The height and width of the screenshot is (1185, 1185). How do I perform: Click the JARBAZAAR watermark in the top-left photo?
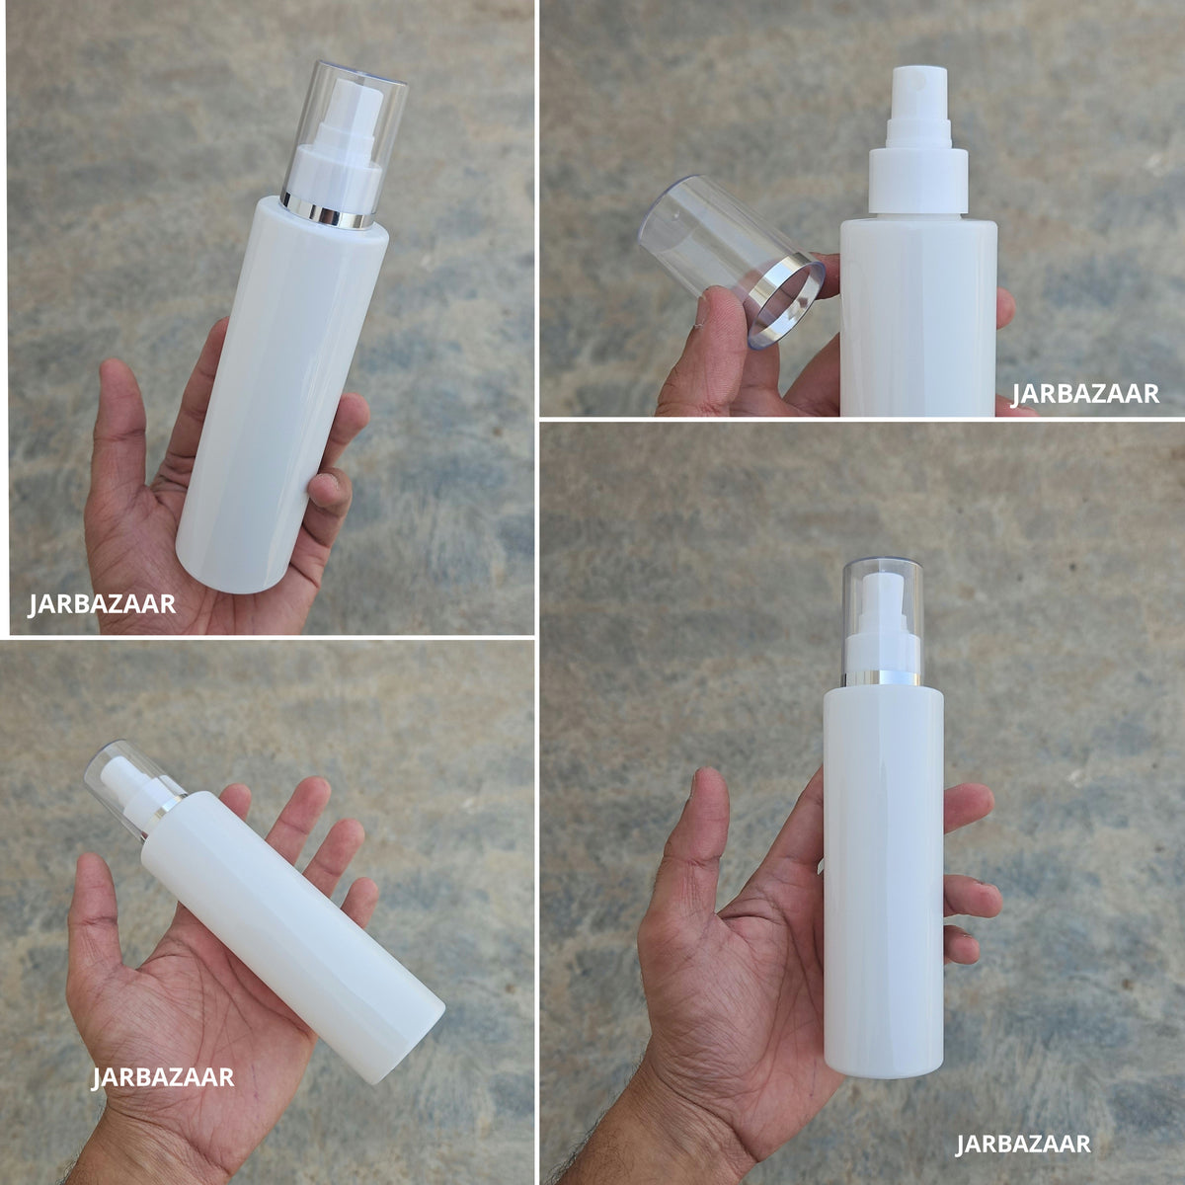pos(102,604)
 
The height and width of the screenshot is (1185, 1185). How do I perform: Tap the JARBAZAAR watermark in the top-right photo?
pos(1085,394)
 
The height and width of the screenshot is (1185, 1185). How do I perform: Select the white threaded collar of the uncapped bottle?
pos(918,182)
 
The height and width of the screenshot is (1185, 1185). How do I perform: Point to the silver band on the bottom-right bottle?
pos(883,678)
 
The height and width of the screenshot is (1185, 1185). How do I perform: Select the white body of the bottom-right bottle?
pos(883,880)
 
